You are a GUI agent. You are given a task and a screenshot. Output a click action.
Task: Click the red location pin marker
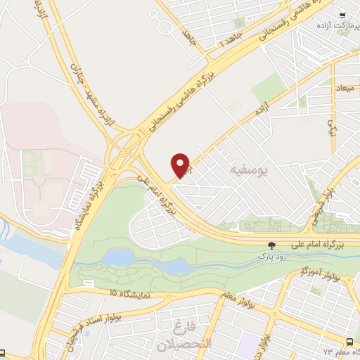pos(181,165)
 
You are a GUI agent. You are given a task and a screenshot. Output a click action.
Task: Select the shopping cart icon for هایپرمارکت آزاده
pos(342,15)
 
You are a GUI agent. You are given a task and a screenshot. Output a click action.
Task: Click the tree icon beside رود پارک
pos(271,244)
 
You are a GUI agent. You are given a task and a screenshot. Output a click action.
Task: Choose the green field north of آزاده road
pos(269,89)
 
